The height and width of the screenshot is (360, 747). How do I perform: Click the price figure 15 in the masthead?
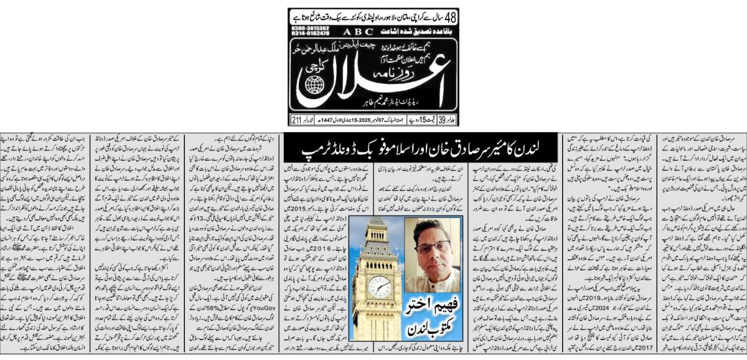[x=416, y=120]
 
